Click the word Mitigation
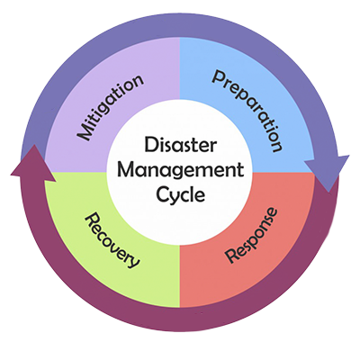tap(110, 107)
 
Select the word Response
tap(251, 236)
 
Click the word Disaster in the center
tap(180, 144)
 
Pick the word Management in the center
tap(180, 171)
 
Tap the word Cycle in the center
tap(181, 195)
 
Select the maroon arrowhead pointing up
tap(33, 164)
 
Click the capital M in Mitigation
tap(85, 132)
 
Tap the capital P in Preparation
tap(219, 76)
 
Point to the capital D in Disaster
tap(151, 144)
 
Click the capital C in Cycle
tap(162, 194)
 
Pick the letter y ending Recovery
tap(134, 262)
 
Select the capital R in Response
tap(232, 256)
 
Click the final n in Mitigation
tap(137, 79)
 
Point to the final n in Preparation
tap(276, 146)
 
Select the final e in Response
tap(272, 212)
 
